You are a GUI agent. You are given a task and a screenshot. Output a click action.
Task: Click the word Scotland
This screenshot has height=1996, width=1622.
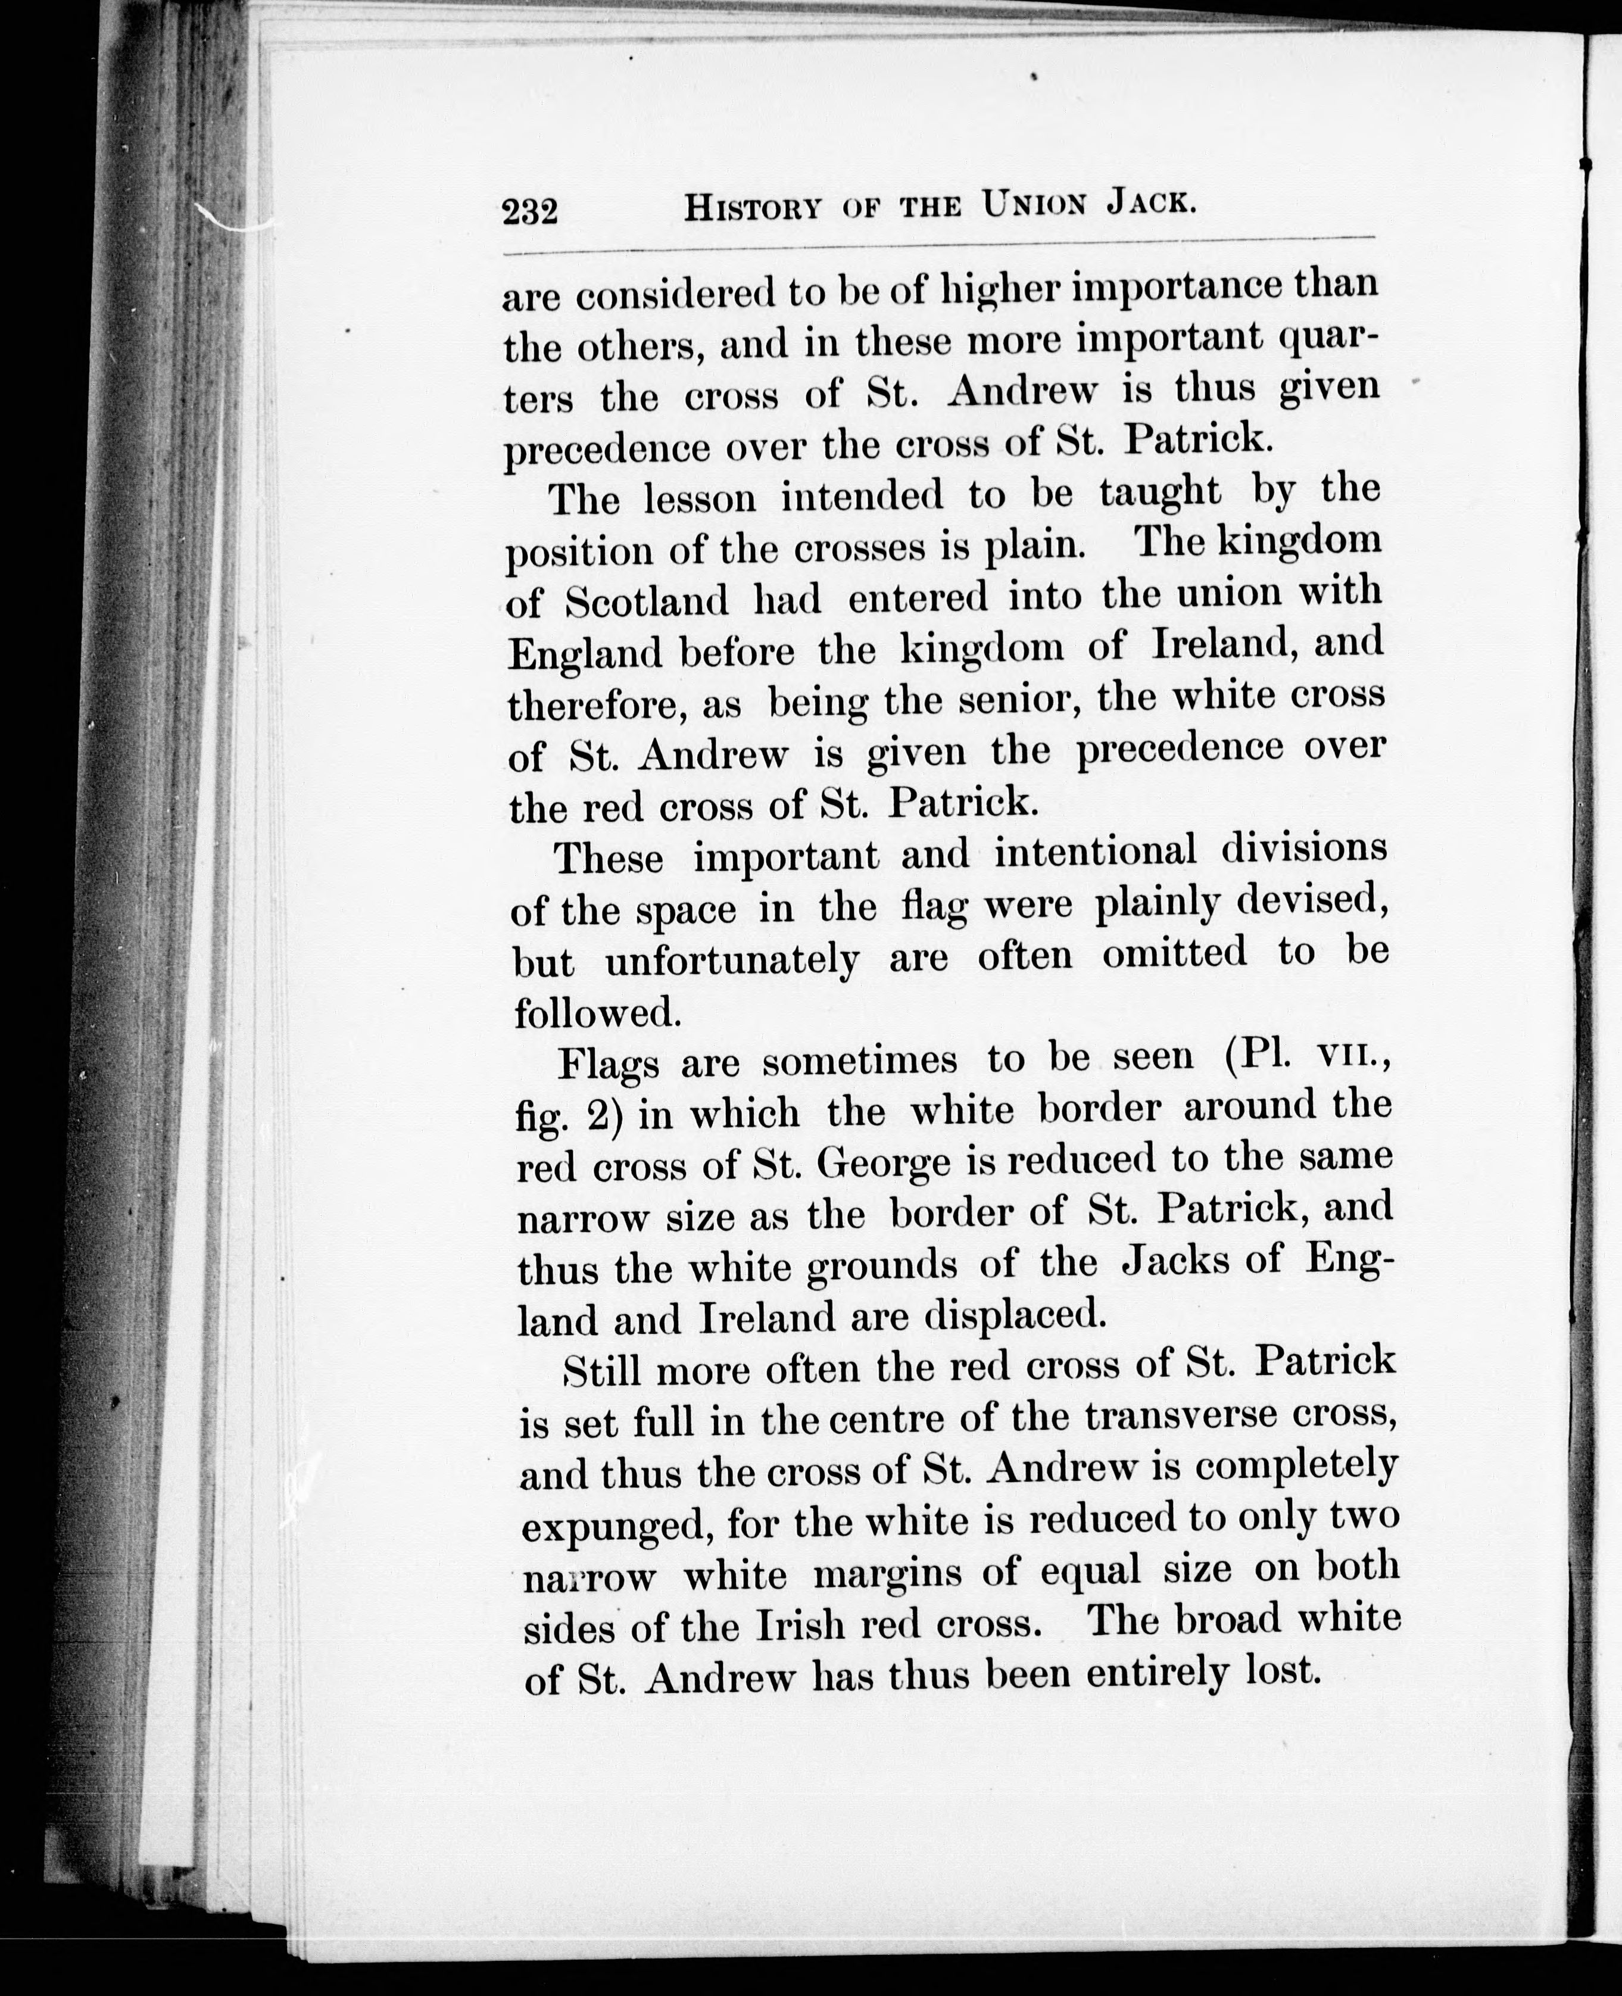(647, 601)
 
